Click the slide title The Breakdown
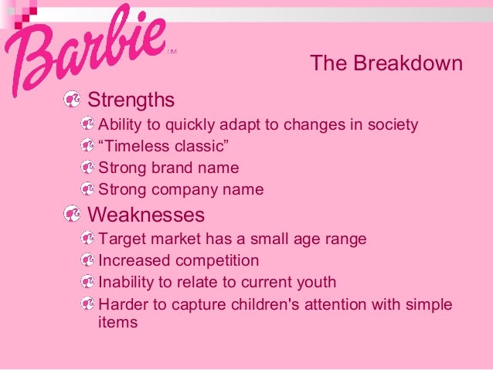386,63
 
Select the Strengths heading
131,100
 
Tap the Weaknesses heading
146,214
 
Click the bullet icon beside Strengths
72,100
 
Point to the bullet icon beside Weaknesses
72,214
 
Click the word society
390,124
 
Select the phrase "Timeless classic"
164,146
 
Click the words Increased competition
178,261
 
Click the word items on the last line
117,323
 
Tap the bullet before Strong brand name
89,168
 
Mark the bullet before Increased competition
89,261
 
